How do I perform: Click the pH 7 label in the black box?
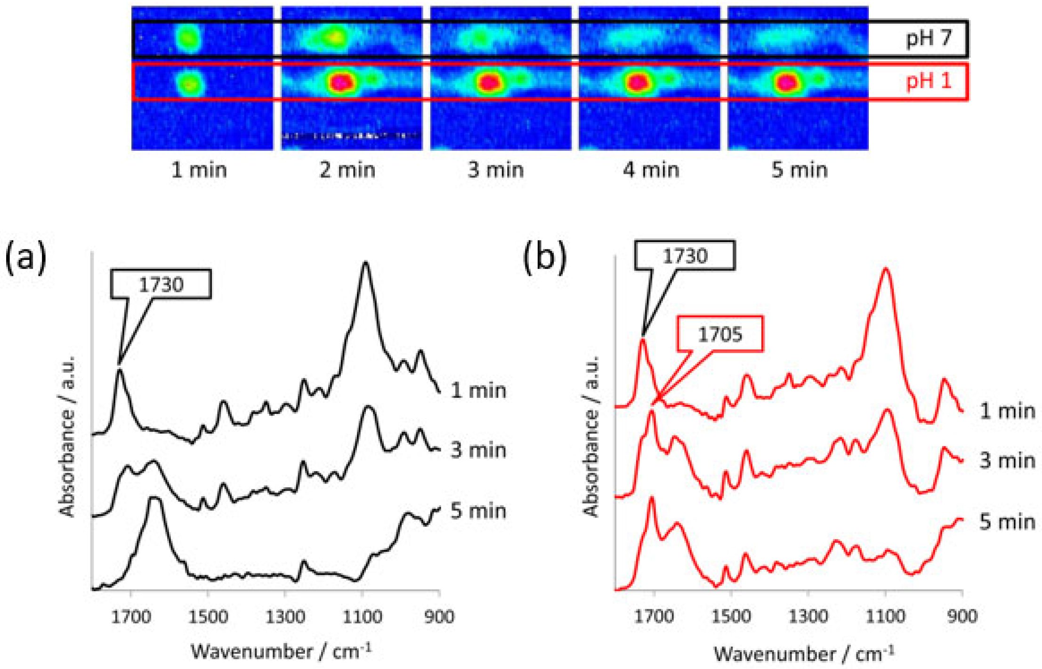928,38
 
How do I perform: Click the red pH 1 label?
928,81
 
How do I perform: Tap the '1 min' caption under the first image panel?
199,170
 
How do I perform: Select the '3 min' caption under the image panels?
495,170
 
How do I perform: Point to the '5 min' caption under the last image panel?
799,170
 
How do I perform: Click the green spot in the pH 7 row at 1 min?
188,37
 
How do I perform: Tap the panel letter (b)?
545,258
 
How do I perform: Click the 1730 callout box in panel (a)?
161,284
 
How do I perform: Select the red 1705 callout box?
720,334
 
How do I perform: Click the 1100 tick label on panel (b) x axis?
886,616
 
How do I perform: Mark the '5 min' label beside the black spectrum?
478,511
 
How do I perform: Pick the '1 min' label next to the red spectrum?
1007,411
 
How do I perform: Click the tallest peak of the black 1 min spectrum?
365,264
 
